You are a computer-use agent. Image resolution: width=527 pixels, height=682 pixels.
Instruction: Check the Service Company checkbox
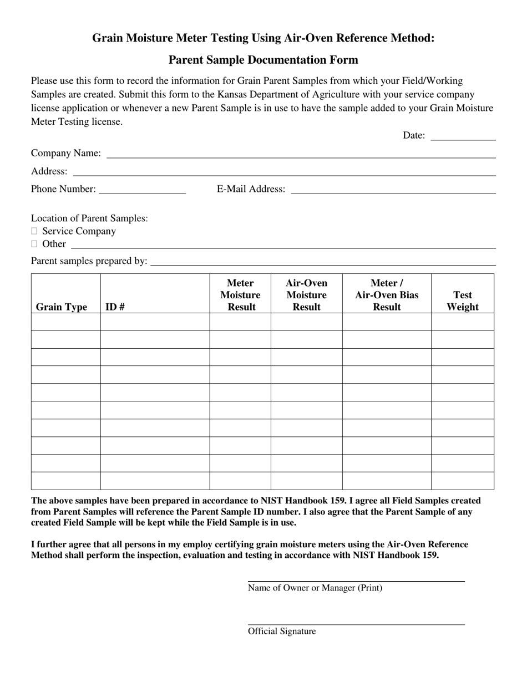tap(34, 231)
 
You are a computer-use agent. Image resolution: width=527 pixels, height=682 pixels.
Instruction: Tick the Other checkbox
tap(34, 244)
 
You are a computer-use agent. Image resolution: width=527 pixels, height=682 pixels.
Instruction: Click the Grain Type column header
tap(62, 307)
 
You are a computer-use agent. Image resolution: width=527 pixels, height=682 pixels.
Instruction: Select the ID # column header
tap(114, 307)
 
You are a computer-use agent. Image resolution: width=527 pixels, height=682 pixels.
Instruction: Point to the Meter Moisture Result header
tap(240, 295)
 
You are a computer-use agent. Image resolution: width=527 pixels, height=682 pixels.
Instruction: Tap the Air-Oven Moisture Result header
tap(306, 295)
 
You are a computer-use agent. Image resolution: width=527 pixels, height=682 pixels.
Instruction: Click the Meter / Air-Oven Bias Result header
tap(387, 295)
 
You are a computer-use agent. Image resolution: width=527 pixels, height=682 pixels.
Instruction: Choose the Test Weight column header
tap(463, 301)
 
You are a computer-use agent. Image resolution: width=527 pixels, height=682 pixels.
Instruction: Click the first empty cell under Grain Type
tap(65, 322)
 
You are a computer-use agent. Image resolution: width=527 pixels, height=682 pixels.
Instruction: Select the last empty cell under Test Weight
tap(463, 481)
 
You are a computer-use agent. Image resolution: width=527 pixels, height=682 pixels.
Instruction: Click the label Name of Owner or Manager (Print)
tap(315, 588)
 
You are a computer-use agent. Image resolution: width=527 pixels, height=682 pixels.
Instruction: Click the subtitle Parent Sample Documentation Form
tap(263, 60)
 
